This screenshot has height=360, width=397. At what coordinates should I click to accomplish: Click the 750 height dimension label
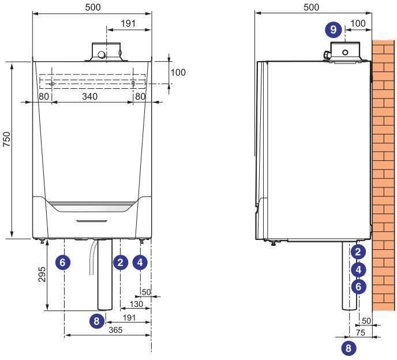pos(6,139)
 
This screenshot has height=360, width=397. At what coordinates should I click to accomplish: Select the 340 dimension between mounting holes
pos(90,96)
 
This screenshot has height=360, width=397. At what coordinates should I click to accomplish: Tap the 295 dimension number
pos(42,275)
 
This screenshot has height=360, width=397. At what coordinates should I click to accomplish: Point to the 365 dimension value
pos(115,330)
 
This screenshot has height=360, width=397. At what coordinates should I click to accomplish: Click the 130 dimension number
pos(136,304)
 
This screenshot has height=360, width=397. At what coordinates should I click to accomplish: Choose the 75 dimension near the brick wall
pos(360,333)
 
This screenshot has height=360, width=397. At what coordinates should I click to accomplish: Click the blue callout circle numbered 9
pos(333,29)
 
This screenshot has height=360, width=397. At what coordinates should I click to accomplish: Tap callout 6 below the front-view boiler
pos(62,262)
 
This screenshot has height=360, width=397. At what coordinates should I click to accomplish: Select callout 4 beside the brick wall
pos(358,269)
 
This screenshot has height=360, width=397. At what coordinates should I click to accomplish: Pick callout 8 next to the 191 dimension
pos(96,321)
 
